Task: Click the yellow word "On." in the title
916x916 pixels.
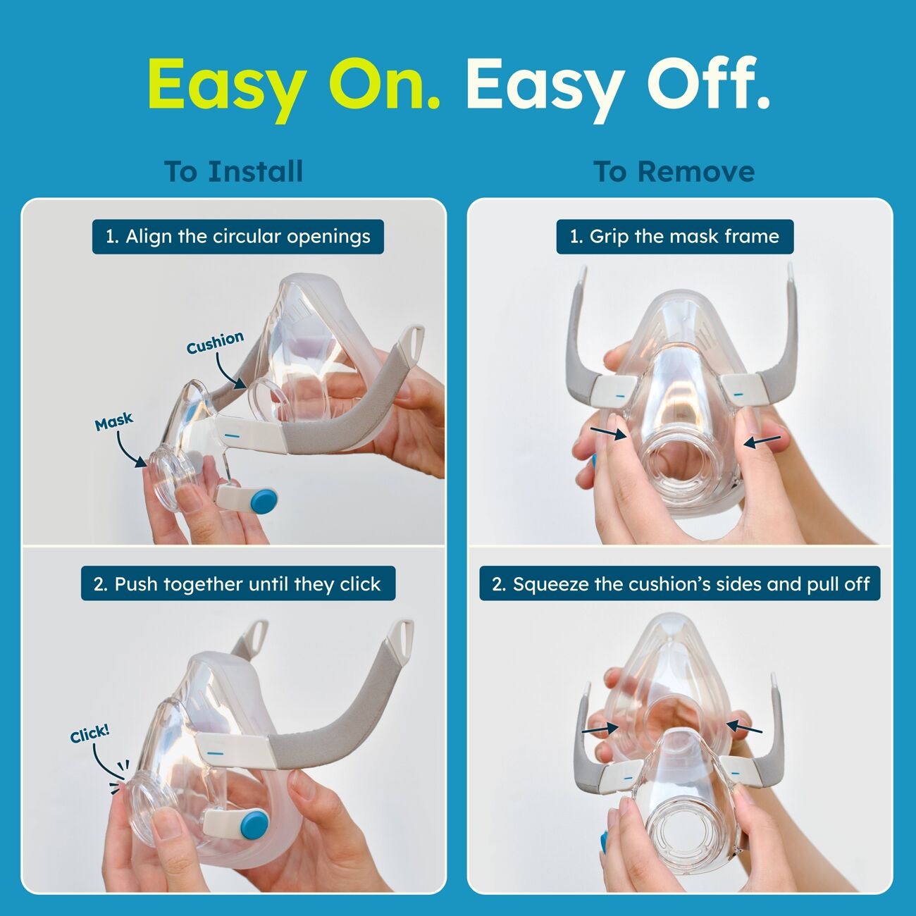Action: click(384, 85)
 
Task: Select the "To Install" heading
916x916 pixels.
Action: click(233, 171)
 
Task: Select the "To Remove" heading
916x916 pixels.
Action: click(674, 171)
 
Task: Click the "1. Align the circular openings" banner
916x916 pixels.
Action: click(237, 236)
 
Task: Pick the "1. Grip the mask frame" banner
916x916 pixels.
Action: click(675, 236)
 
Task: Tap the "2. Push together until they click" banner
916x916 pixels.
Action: click(237, 583)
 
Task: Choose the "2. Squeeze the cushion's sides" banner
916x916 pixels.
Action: click(680, 583)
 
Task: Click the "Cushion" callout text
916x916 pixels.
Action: click(216, 342)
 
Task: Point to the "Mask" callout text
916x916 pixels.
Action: click(114, 421)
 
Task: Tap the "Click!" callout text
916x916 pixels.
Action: click(90, 734)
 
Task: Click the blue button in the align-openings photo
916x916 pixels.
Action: click(264, 501)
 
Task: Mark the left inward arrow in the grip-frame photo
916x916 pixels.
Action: click(607, 433)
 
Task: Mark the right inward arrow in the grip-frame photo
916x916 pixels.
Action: click(762, 441)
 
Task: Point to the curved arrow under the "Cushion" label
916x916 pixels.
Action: click(228, 373)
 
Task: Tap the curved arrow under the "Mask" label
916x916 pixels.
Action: click(129, 450)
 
